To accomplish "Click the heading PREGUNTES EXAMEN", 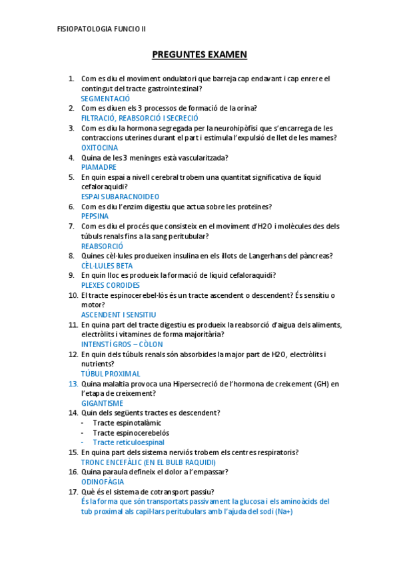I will (x=199, y=54).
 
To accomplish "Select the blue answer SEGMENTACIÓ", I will (x=105, y=98).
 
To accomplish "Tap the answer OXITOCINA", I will (x=99, y=147).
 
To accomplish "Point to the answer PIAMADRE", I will (x=99, y=167).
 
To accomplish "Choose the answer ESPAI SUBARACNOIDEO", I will (x=120, y=197).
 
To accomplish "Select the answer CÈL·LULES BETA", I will (x=107, y=266).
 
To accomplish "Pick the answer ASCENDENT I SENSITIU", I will (x=119, y=314).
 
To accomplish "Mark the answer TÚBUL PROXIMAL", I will (x=111, y=374).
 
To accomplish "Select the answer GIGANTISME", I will (x=102, y=403).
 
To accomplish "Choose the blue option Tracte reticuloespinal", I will (x=129, y=442).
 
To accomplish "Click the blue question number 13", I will (x=73, y=384).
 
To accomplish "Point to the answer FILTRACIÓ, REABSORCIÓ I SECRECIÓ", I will (x=139, y=117).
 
